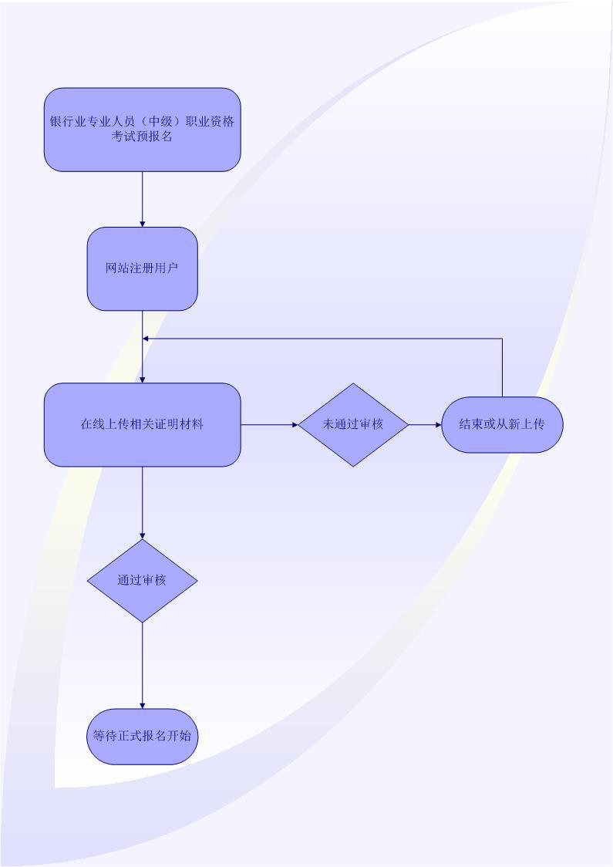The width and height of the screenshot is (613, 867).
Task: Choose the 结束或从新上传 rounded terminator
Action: [502, 424]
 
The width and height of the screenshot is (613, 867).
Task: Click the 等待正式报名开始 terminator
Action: [142, 736]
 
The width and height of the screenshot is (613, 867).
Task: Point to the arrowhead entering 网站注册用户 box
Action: [143, 223]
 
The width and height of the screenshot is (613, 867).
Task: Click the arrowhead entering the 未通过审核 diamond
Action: [295, 424]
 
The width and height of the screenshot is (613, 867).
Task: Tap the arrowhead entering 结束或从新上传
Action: [438, 424]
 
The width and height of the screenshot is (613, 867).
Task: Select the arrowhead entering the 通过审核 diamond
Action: [143, 535]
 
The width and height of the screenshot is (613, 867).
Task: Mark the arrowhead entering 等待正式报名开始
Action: [143, 705]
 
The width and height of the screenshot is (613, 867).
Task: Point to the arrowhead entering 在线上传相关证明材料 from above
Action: [143, 379]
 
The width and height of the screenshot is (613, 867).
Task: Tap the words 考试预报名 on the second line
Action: [142, 137]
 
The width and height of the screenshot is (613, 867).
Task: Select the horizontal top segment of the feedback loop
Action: [324, 339]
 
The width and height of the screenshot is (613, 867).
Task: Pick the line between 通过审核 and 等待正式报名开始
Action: [143, 663]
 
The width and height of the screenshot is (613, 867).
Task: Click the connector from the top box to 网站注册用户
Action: [143, 197]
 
